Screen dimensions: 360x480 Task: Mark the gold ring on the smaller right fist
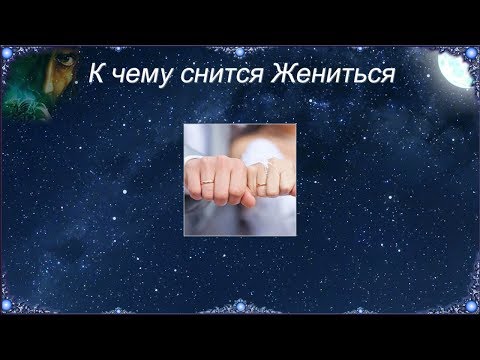pyautogui.click(x=262, y=185)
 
